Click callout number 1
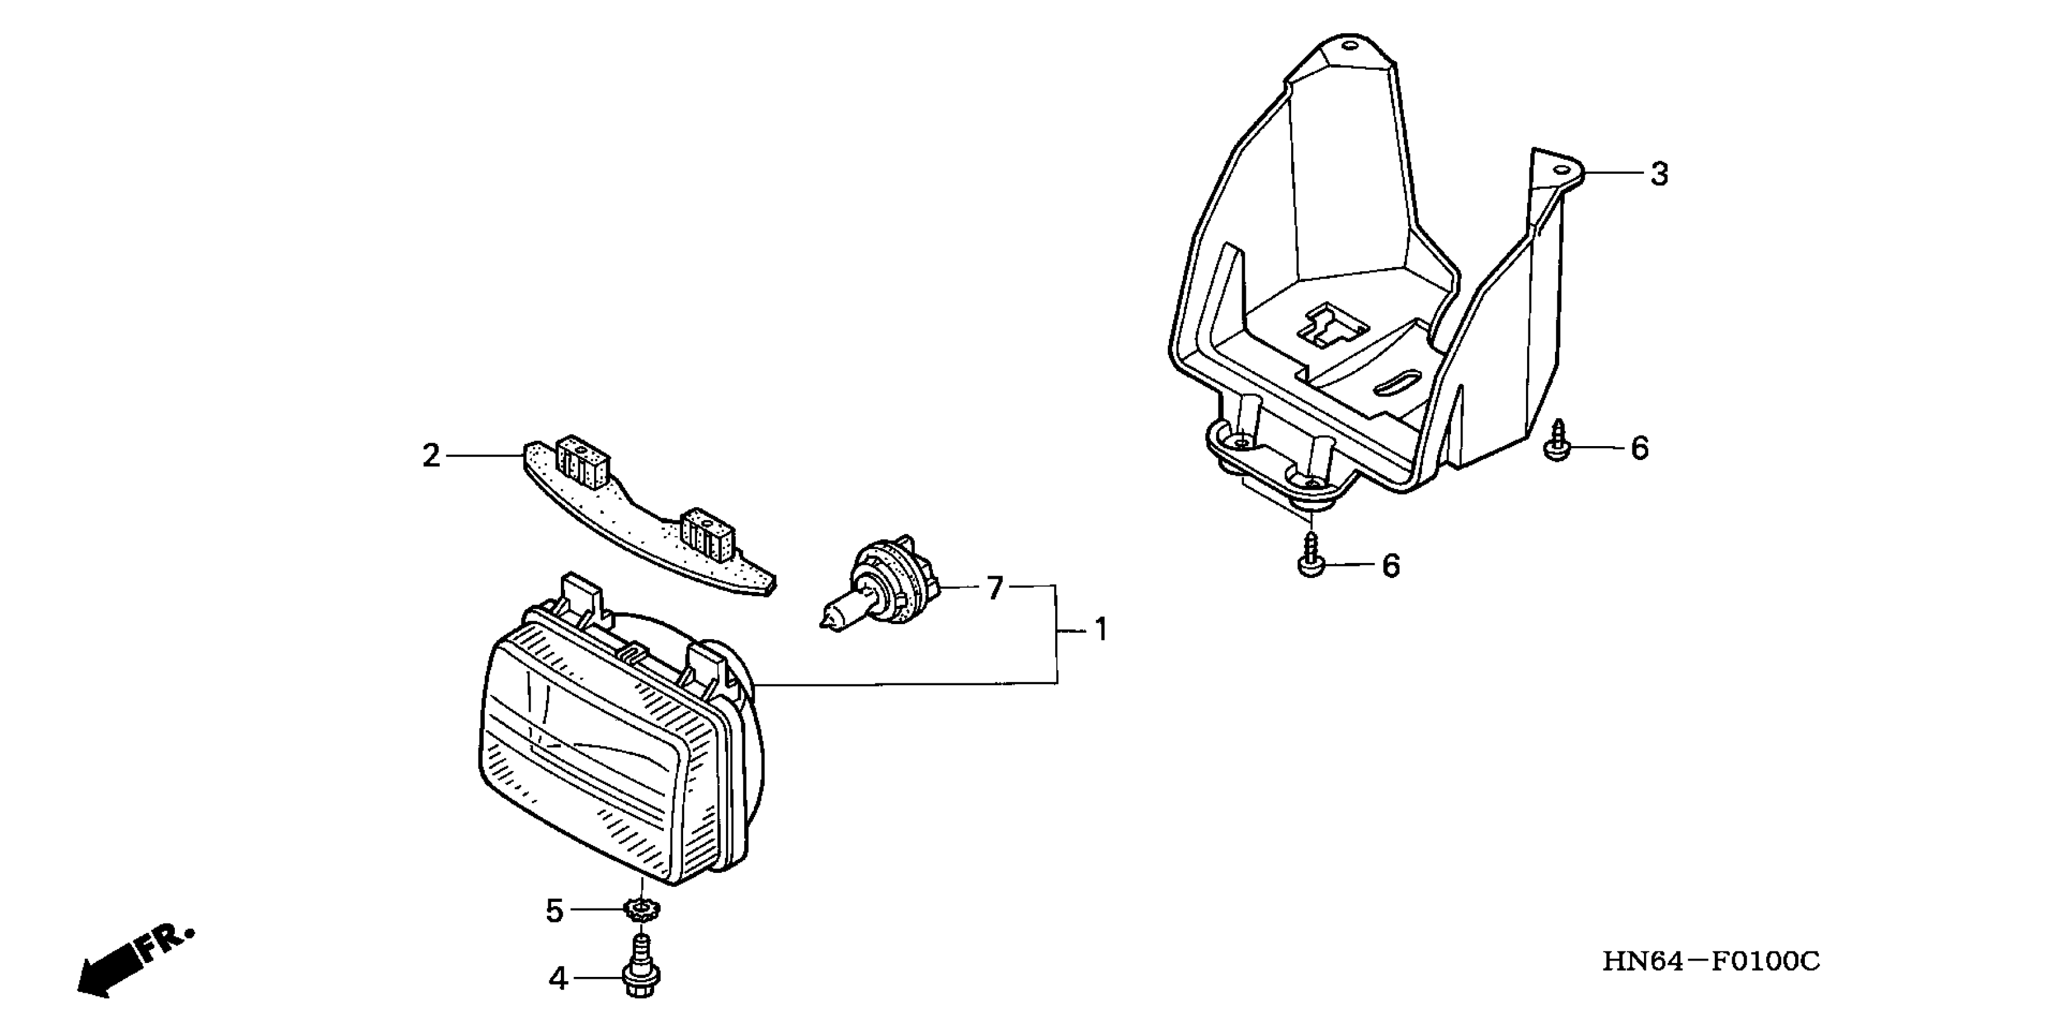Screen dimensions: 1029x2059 (1101, 631)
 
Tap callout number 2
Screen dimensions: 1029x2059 (431, 456)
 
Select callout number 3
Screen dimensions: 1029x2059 (1659, 174)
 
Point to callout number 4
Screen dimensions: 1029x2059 (558, 979)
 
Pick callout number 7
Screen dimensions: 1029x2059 (994, 588)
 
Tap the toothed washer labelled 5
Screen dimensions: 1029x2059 (640, 909)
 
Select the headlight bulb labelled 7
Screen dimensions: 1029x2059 (879, 581)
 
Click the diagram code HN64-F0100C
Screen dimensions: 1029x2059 (1710, 961)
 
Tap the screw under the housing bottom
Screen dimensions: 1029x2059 (1312, 556)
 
